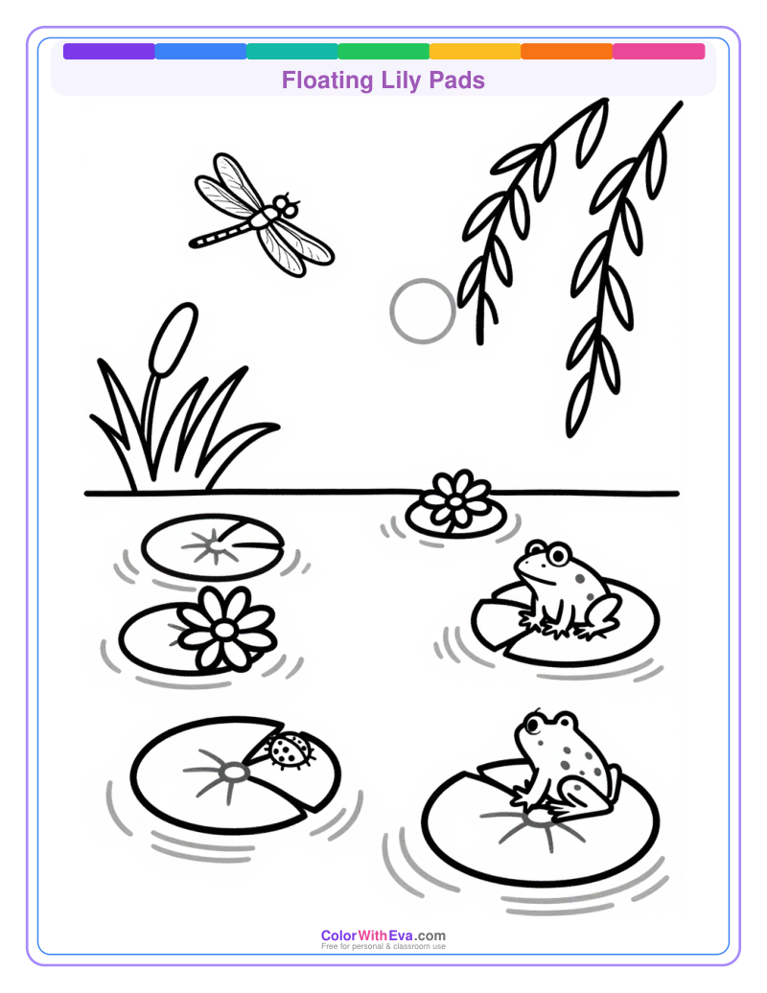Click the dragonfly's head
[285, 205]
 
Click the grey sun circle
[422, 311]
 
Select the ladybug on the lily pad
[291, 749]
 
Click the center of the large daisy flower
[224, 629]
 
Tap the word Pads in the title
[459, 81]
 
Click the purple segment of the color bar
[108, 51]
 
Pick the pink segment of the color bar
[659, 51]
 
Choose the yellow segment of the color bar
[476, 51]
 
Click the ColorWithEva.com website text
[383, 935]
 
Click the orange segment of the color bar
[567, 51]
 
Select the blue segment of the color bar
[200, 51]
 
